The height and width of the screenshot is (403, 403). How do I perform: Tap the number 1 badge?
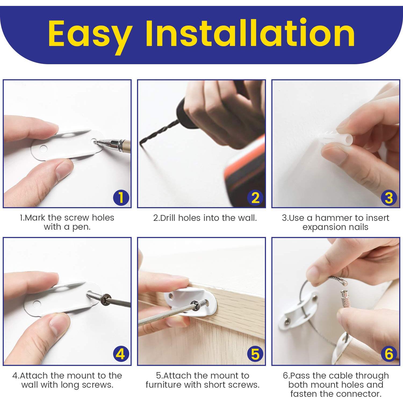pyautogui.click(x=121, y=198)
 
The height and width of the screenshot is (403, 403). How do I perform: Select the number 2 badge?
pyautogui.click(x=255, y=198)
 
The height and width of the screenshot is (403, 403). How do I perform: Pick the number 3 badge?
pyautogui.click(x=389, y=198)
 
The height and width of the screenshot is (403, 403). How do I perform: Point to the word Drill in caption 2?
pyautogui.click(x=168, y=218)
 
